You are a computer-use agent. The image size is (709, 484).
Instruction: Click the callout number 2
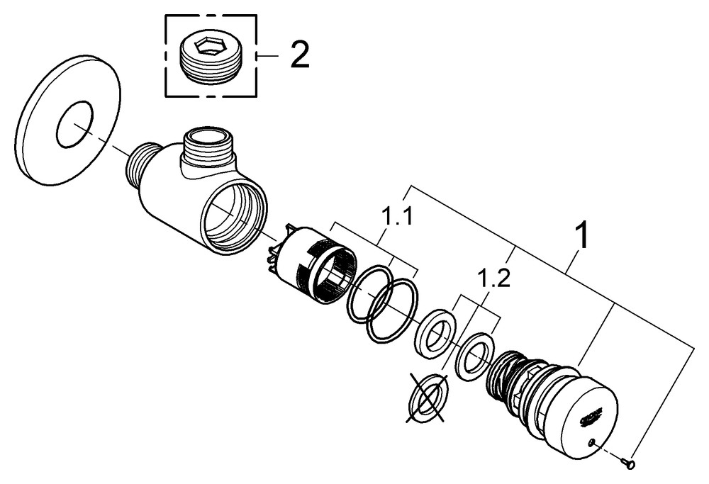tap(298, 55)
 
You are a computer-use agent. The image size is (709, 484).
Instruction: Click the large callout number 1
tap(581, 236)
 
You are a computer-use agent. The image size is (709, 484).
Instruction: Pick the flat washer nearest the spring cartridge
tap(473, 356)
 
